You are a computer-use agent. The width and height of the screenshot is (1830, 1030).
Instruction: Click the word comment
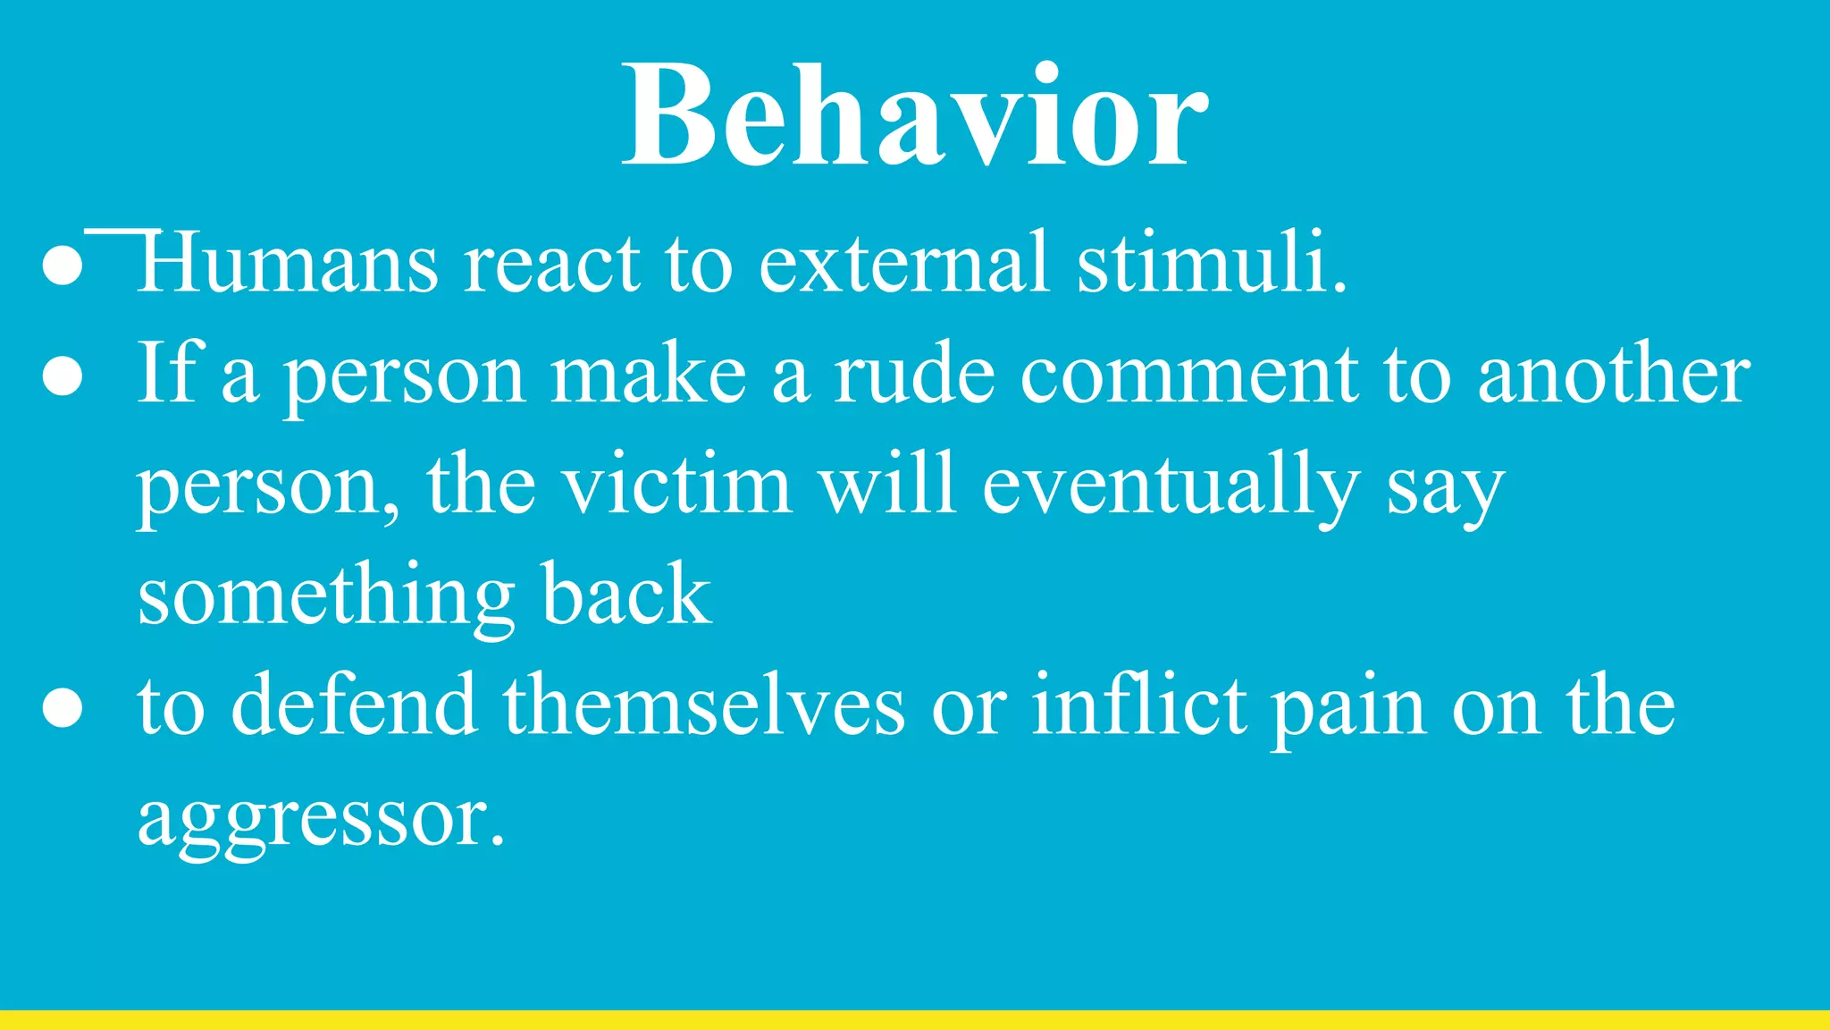point(1189,376)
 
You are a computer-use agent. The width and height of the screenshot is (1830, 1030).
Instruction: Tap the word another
point(1614,376)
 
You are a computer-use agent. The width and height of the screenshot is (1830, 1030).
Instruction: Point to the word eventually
point(1171,487)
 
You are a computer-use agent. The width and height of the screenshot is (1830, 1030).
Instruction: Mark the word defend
point(354,706)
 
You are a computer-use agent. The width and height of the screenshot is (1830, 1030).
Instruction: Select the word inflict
point(1140,706)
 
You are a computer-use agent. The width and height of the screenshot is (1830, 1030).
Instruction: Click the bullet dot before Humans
point(63,266)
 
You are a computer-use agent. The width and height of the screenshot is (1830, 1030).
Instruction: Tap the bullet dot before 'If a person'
point(63,378)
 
